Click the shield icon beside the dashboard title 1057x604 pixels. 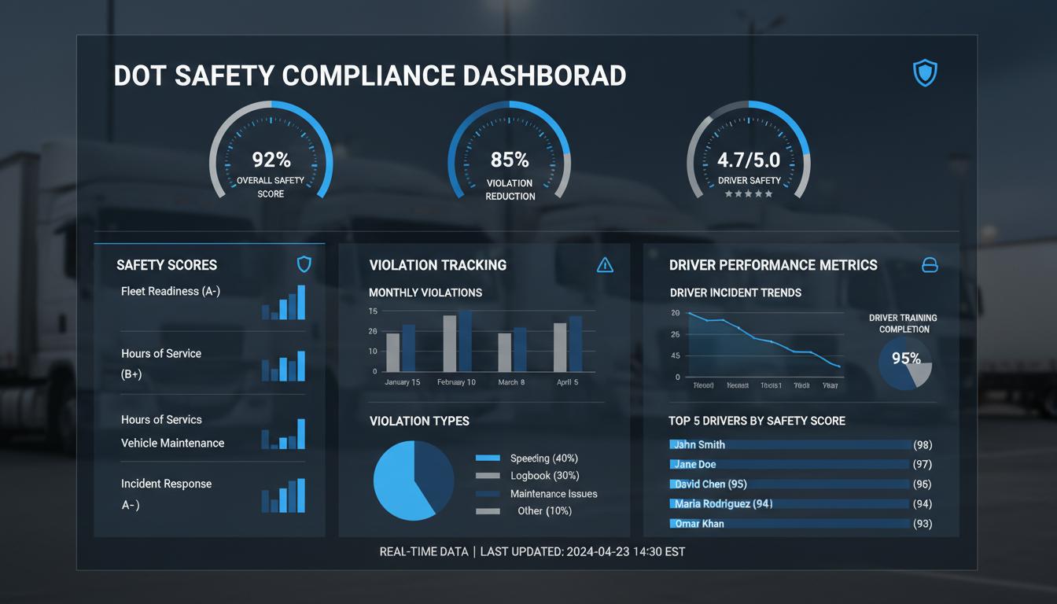pos(925,73)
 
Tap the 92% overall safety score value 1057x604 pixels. pos(271,160)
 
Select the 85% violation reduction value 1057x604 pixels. pos(510,160)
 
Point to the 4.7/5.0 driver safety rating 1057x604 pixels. pos(749,160)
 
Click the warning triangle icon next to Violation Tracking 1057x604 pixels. pos(605,265)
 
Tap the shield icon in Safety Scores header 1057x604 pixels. pos(304,264)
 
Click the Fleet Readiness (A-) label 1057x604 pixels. pos(171,291)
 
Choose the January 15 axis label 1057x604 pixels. pos(402,382)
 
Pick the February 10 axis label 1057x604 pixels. pos(456,382)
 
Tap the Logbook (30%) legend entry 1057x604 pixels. pos(544,476)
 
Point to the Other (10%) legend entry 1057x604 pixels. pos(544,511)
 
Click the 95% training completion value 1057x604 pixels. pos(906,359)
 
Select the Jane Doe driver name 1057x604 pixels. pos(695,464)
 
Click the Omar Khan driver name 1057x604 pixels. pos(699,524)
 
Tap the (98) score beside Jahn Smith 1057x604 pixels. pos(923,445)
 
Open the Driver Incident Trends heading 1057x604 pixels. pos(735,293)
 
